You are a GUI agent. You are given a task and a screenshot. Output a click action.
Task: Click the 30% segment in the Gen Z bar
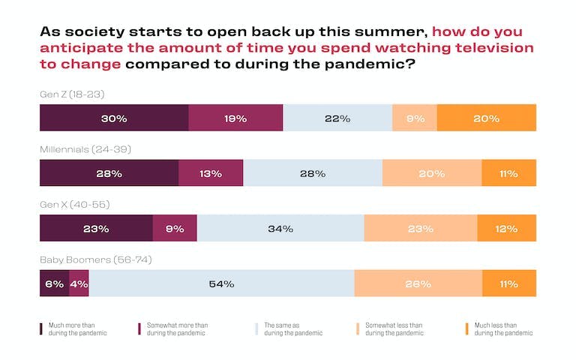pos(114,118)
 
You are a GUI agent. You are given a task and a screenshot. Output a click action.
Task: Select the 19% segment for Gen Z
pos(235,118)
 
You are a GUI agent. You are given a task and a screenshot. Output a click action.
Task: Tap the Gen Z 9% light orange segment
pos(414,118)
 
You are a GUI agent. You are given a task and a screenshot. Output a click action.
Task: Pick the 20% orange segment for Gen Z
pos(486,118)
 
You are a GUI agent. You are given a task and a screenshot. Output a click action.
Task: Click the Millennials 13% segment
pos(211,173)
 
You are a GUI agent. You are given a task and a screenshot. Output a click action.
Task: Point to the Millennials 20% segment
pos(432,173)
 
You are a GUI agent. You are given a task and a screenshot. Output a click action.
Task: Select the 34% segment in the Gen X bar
pos(280,229)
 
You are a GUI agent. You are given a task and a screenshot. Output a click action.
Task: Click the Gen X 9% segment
pos(175,229)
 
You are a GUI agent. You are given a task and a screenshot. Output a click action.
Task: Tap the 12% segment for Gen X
pos(507,229)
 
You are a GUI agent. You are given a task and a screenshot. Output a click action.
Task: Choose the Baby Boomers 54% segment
pos(222,283)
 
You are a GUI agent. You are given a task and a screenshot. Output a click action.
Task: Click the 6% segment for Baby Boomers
pos(54,283)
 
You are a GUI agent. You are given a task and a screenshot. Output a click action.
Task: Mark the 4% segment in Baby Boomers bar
pos(79,283)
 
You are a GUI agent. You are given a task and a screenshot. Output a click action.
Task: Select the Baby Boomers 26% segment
pos(418,283)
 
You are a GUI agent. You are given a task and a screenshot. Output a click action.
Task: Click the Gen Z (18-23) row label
pos(73,95)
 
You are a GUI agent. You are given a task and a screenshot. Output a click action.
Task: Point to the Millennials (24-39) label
pos(85,150)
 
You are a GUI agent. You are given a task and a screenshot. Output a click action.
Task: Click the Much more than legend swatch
pos(41,328)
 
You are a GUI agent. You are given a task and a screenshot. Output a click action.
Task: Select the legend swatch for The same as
pos(256,328)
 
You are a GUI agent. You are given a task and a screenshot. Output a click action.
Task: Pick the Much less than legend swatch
pos(466,328)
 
